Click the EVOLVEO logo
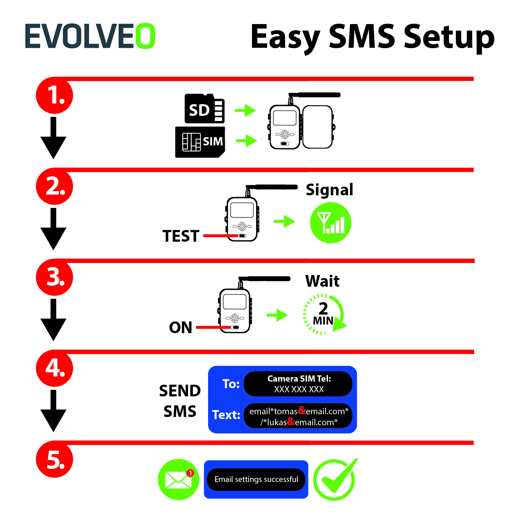90,36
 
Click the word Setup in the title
449,37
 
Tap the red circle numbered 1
55,96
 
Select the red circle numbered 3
55,277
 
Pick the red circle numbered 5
55,459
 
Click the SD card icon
205,109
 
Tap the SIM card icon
200,142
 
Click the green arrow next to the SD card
245,110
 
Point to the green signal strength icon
330,223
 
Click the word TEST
181,236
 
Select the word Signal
329,190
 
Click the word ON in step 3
180,328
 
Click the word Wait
322,281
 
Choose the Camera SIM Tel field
298,384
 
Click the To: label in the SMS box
231,384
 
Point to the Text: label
226,415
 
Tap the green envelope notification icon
178,480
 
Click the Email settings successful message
256,479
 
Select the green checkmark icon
335,479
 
